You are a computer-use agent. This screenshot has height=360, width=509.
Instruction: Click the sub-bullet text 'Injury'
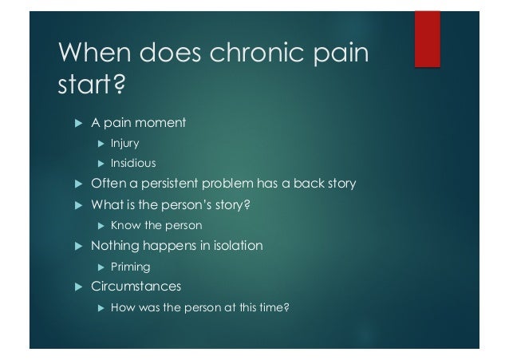coord(124,144)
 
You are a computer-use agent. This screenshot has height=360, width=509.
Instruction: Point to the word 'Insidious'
coord(132,164)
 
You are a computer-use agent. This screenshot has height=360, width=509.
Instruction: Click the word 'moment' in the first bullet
coord(160,123)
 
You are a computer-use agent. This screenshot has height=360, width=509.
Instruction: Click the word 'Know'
coord(124,226)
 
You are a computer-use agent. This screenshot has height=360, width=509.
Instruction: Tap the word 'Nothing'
coord(116,246)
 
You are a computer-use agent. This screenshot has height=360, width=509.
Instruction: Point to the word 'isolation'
coord(234,246)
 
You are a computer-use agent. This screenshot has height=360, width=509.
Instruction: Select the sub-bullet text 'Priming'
coord(130,267)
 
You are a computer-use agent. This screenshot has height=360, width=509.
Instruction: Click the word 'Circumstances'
coord(136,286)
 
